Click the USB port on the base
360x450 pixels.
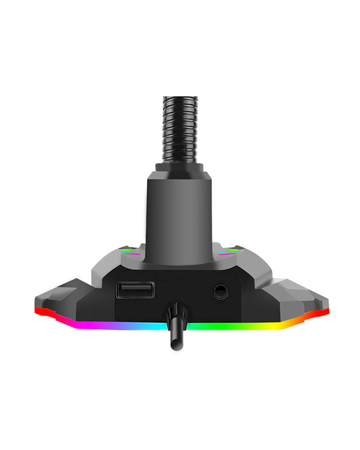click(134, 290)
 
